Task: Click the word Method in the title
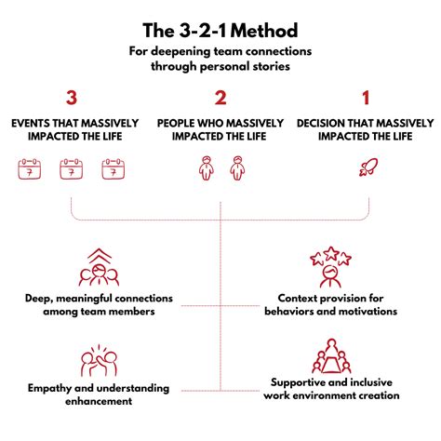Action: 264,31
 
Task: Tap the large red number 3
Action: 72,98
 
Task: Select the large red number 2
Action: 220,98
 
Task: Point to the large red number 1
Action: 366,98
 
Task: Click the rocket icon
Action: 368,167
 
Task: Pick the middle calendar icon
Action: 72,168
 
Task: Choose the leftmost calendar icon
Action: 30,168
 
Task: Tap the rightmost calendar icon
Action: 114,168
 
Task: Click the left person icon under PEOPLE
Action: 207,168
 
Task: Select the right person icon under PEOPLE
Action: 237,168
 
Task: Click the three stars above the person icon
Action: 330,256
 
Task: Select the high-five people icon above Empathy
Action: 99,360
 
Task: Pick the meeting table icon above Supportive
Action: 331,356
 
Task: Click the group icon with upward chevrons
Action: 99,267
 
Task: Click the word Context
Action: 298,298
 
